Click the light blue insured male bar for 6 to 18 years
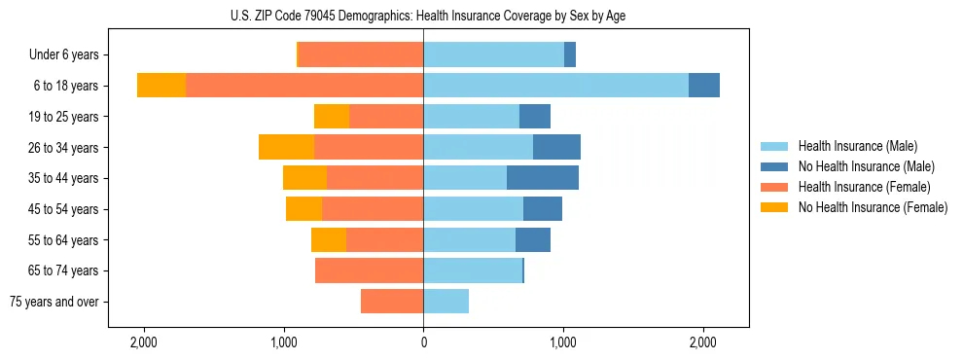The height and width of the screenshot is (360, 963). [x=555, y=86]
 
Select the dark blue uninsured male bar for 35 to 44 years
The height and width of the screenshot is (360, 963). [x=542, y=178]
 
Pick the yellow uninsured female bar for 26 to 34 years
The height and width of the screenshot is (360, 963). [x=286, y=147]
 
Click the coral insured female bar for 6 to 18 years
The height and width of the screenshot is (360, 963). [x=303, y=86]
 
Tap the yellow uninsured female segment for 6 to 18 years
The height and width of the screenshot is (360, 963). [x=161, y=86]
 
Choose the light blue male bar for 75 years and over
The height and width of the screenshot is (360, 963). [x=446, y=302]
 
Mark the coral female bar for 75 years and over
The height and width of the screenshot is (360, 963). [x=392, y=302]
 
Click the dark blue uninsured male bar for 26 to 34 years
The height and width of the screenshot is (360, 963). [x=556, y=147]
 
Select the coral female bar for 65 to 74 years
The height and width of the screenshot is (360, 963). [x=369, y=270]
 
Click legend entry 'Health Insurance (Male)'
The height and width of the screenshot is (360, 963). [x=857, y=146]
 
